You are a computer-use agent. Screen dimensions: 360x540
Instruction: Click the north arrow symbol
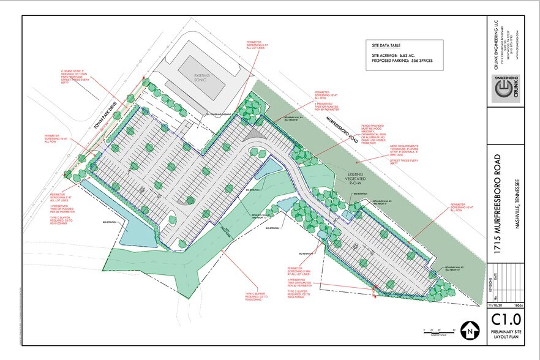coord(468,329)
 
